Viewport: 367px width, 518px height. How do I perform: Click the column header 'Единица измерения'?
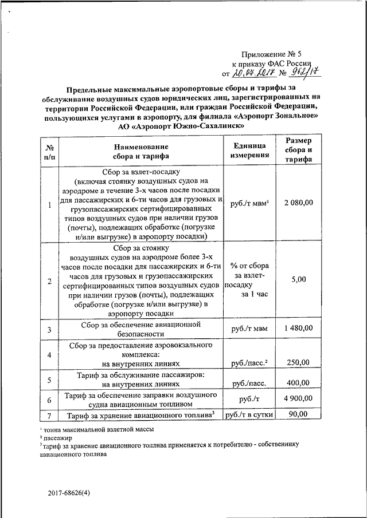point(248,150)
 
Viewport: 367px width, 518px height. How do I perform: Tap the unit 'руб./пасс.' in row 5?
point(248,383)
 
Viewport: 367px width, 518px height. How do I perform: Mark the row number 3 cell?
point(49,329)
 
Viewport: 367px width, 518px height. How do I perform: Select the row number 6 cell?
point(49,400)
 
